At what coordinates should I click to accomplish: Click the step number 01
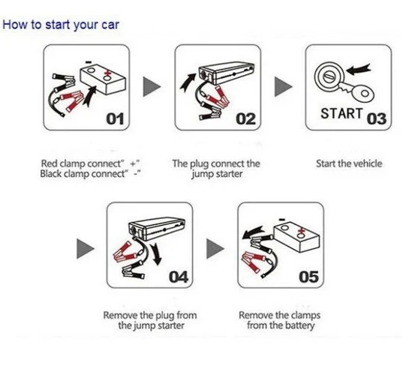tap(115, 119)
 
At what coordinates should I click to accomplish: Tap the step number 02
tap(246, 119)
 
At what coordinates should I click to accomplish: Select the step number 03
tap(377, 118)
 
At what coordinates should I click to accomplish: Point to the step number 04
tap(179, 277)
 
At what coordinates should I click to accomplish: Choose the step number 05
tap(309, 277)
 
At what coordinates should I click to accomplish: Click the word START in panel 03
tap(341, 113)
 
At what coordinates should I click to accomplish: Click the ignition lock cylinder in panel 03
tap(329, 76)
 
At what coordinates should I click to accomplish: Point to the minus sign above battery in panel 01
tap(89, 62)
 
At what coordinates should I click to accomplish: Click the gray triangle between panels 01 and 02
tap(152, 86)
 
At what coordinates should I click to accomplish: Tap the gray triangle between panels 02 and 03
tap(283, 86)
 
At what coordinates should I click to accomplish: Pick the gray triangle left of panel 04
tap(86, 249)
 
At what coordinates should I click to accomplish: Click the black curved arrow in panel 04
tap(156, 254)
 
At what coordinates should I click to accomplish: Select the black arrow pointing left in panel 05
tap(253, 232)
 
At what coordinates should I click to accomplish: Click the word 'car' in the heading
tap(110, 25)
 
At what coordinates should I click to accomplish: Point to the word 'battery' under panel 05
tap(300, 325)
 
